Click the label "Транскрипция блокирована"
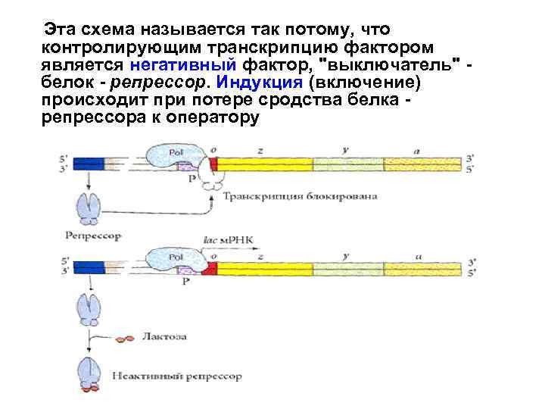coord(301,196)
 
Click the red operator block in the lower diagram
coord(213,264)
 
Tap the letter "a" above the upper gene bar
coord(417,150)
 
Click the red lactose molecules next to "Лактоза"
coord(125,339)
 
